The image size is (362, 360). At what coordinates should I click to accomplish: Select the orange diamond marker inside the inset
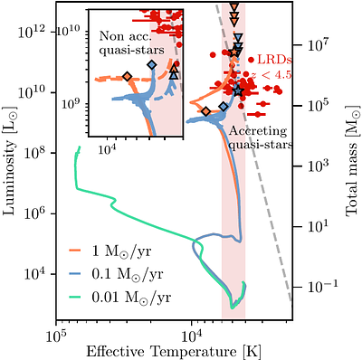127,76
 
